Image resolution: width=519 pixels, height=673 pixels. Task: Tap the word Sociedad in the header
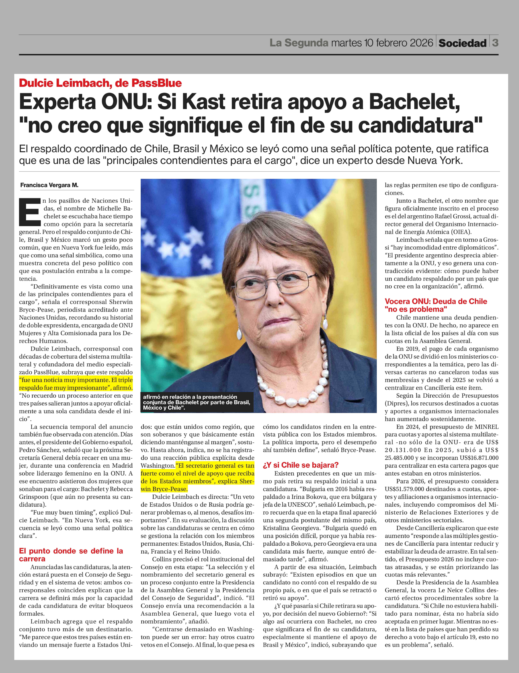tap(462, 43)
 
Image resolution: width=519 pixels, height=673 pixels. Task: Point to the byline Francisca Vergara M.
tap(49, 185)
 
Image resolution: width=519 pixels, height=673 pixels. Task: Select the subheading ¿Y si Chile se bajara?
tap(300, 465)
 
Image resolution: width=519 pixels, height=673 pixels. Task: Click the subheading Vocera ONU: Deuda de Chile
tap(436, 301)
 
